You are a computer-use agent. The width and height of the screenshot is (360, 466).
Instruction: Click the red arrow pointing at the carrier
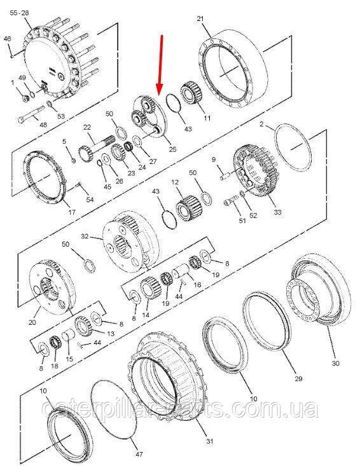[161, 65]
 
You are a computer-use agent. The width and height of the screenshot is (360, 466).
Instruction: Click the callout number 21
[200, 18]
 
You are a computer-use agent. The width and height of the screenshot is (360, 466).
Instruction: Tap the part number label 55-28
[19, 13]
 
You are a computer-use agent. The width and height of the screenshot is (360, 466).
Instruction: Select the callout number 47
[139, 454]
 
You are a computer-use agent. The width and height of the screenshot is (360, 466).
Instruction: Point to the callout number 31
[210, 441]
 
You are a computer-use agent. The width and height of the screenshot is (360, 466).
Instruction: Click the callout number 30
[335, 363]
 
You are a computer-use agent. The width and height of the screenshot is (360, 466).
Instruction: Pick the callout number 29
[298, 378]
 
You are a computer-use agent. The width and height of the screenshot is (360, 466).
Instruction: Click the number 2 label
[261, 124]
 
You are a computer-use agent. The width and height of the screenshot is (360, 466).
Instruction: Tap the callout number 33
[277, 212]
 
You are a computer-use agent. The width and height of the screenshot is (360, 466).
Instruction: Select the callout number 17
[72, 212]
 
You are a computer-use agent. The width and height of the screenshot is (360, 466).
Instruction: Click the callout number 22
[87, 127]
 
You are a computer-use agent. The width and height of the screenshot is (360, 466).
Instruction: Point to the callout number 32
[85, 236]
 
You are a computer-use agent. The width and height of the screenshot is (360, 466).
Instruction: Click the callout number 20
[32, 322]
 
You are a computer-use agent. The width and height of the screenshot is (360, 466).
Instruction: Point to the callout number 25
[173, 149]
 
